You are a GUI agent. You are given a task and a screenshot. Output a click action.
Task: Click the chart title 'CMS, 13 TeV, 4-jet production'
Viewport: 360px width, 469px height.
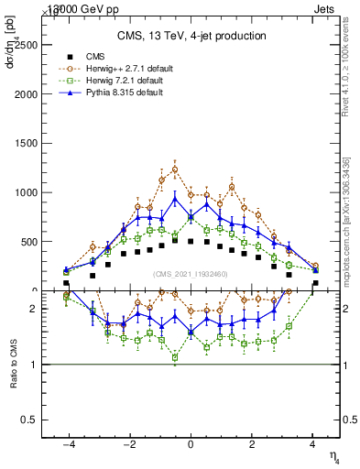tap(191, 36)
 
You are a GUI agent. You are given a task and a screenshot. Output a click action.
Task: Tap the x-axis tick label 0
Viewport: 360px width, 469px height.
tap(191, 444)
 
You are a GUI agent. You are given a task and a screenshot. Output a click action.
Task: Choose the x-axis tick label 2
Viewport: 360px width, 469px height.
tap(252, 444)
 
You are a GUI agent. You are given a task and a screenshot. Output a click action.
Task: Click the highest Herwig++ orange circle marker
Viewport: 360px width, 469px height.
tap(175, 169)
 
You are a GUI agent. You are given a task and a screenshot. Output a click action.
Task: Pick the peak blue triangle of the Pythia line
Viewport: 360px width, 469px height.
tap(175, 198)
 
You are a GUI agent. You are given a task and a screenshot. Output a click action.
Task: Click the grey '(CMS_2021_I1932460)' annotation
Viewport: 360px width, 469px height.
tap(191, 274)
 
